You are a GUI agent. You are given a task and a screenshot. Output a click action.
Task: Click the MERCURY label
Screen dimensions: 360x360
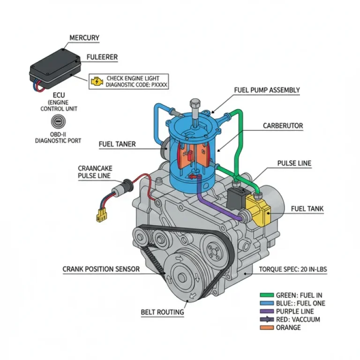84,37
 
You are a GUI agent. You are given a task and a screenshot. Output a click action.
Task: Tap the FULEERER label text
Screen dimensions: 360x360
102,57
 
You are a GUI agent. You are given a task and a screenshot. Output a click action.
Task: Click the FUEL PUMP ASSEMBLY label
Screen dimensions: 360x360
267,90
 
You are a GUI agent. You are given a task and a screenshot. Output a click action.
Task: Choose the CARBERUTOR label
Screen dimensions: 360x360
283,126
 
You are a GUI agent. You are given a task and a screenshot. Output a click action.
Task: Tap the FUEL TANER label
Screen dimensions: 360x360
117,144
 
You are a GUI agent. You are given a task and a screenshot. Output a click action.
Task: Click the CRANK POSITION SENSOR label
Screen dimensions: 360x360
101,269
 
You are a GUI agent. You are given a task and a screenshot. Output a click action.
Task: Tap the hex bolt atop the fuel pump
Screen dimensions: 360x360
195,104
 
